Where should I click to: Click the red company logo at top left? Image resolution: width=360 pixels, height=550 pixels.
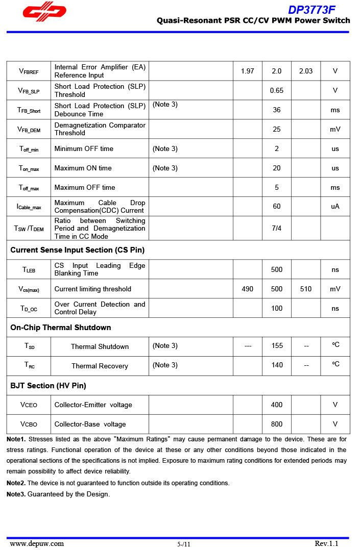44,12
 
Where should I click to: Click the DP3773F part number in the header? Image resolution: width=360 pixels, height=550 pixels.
311,10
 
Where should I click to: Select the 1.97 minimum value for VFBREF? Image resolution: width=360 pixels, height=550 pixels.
247,71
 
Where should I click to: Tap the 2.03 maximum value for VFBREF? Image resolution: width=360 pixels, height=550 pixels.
305,71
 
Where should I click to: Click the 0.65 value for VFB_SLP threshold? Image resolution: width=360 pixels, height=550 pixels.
276,90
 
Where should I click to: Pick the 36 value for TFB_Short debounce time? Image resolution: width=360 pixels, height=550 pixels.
276,110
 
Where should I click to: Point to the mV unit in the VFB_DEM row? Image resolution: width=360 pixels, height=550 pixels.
335,129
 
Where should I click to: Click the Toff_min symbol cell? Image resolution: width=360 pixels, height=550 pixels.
29,149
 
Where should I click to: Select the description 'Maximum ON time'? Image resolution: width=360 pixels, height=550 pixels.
83,168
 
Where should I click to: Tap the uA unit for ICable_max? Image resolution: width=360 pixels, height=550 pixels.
335,206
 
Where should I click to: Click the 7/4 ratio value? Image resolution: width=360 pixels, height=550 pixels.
276,228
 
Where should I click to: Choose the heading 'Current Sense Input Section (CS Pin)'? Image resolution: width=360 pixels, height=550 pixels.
77,250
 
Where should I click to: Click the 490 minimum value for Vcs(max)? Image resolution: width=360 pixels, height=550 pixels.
247,289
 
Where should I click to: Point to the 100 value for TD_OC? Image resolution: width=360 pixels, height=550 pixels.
276,308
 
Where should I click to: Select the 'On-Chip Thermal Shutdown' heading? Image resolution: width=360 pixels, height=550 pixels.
60,328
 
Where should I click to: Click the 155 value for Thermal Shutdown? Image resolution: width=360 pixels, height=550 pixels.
277,346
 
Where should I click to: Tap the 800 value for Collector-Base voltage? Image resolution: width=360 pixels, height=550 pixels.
276,424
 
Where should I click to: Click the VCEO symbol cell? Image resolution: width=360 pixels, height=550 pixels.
29,405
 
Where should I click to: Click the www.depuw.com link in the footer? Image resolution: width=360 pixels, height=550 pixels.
37,543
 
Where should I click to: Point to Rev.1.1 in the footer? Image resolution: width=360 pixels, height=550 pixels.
326,543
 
